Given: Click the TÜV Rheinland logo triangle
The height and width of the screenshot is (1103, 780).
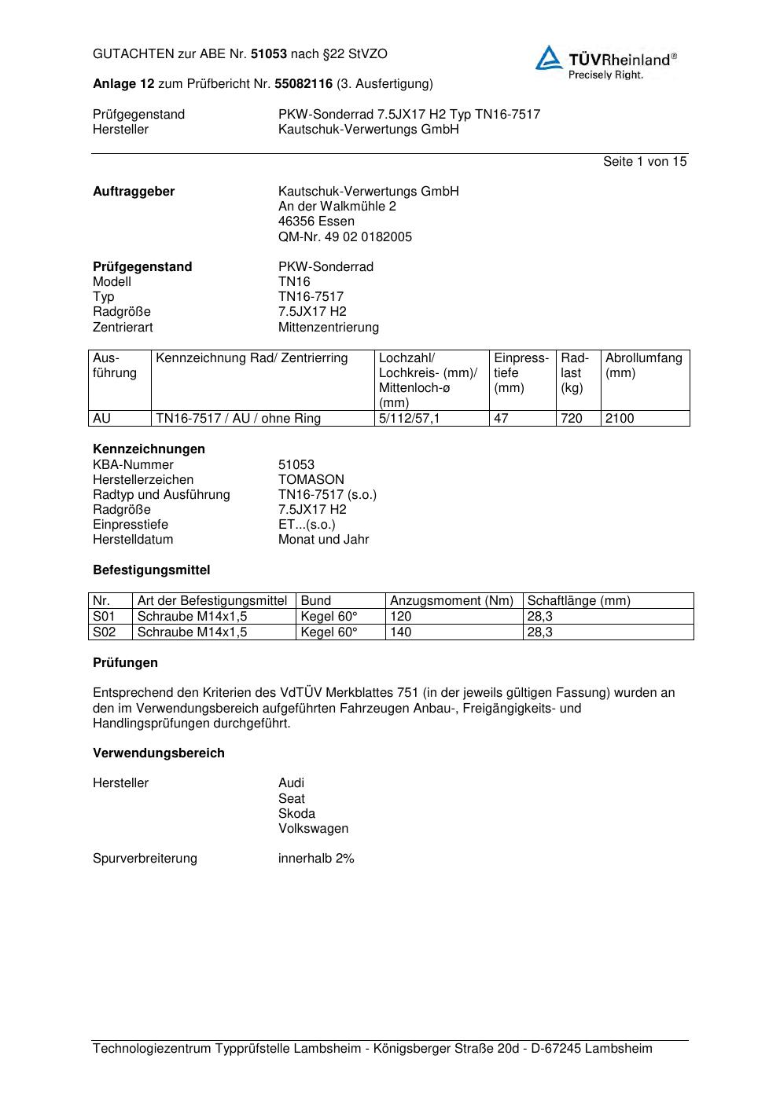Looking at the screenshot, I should [x=550, y=58].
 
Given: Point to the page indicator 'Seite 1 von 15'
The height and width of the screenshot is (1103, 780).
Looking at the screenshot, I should [x=645, y=162].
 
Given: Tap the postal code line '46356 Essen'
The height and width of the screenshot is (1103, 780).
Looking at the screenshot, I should [x=316, y=222].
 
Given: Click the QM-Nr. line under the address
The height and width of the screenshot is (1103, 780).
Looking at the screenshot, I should [x=345, y=237].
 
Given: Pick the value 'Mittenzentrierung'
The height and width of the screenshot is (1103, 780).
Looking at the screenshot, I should [x=329, y=328].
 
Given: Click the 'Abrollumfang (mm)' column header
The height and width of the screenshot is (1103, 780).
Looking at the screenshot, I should [x=643, y=365].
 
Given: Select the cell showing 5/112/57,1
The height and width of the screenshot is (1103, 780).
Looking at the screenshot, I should [x=410, y=419].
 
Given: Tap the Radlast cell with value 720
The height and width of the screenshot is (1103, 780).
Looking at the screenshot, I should [x=572, y=419].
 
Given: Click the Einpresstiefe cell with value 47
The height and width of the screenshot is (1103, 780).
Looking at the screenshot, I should [x=501, y=419].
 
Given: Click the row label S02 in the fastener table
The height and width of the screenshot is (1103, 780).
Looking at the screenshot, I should [x=104, y=632].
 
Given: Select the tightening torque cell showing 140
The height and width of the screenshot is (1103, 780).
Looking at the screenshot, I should [x=401, y=632].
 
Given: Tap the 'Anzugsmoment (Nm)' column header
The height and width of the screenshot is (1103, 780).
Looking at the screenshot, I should [x=452, y=601].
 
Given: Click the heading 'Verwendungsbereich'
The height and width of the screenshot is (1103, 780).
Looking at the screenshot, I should [x=159, y=753].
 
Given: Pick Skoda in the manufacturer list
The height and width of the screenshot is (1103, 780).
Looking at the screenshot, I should [x=296, y=814].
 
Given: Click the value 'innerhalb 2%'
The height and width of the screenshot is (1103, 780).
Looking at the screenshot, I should [x=316, y=859].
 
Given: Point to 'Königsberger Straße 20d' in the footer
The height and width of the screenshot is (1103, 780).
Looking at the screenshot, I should [x=446, y=1049].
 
